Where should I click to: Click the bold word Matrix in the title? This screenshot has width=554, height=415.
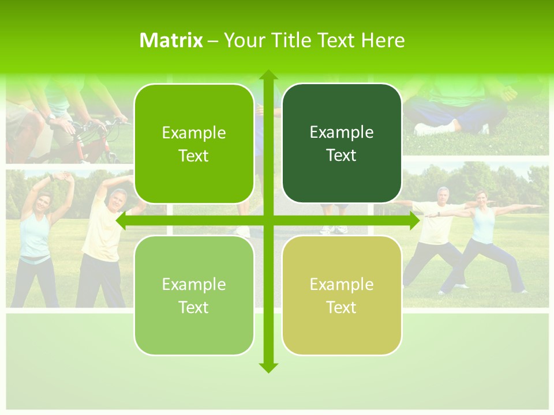click(171, 40)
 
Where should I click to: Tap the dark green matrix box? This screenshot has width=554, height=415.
click(342, 144)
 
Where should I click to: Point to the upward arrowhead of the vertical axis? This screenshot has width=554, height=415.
click(268, 75)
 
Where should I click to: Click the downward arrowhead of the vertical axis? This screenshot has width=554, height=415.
click(268, 367)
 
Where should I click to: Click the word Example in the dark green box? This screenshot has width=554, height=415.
click(342, 133)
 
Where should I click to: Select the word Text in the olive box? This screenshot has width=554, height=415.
click(342, 308)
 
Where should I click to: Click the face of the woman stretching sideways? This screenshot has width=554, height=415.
click(44, 203)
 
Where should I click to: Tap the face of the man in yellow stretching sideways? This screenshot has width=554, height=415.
click(119, 199)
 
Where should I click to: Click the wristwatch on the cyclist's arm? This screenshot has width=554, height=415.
click(53, 116)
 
